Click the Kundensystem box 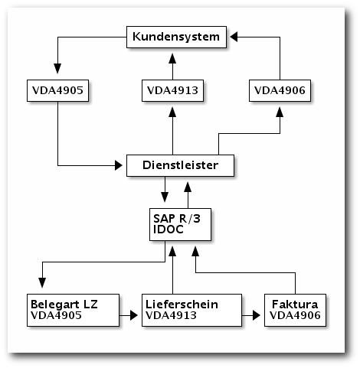click(176, 37)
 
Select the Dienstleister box click(180, 165)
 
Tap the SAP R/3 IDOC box click(180, 224)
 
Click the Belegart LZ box click(73, 310)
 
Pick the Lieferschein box click(191, 310)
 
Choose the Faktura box click(295, 310)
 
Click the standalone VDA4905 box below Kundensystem click(57, 90)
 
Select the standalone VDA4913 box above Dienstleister click(172, 90)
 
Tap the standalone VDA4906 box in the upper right click(280, 90)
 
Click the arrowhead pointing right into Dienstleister click(119, 165)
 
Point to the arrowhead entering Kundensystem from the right click(234, 37)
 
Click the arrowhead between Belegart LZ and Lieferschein click(134, 315)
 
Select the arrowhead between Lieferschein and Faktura click(257, 315)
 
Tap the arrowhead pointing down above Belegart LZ click(42, 283)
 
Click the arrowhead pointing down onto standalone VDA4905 click(57, 69)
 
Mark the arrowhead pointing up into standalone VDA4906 click(280, 112)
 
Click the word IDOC click(169, 230)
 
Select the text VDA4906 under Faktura click(295, 315)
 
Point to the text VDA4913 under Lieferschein click(171, 315)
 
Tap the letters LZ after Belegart click(90, 304)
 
